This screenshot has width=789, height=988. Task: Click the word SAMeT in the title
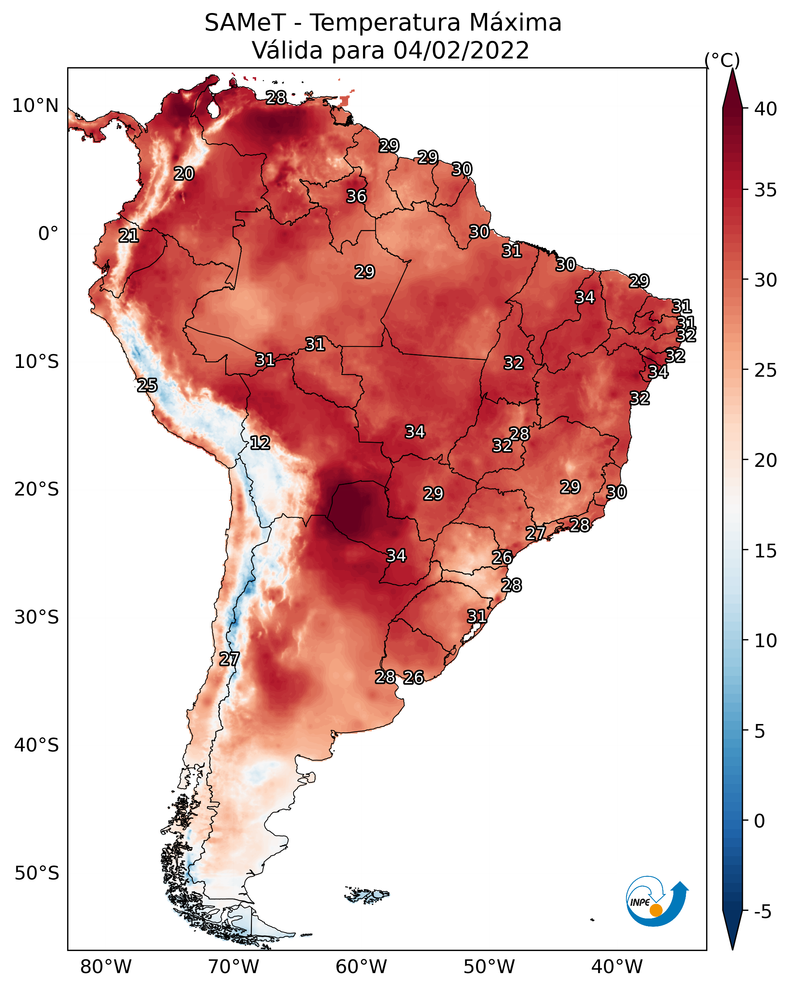245,23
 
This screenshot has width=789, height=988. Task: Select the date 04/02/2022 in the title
461,50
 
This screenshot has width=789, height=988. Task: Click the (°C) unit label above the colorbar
722,60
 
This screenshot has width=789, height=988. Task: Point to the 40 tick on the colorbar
766,109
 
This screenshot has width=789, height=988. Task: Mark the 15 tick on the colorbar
766,551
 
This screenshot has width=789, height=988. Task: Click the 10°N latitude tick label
35,106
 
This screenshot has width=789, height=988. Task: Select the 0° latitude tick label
48,234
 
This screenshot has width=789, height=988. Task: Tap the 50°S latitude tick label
37,873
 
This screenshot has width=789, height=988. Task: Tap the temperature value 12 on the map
260,443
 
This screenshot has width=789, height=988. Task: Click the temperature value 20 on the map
184,174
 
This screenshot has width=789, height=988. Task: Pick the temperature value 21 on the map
129,236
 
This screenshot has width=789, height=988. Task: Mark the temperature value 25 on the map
147,385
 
